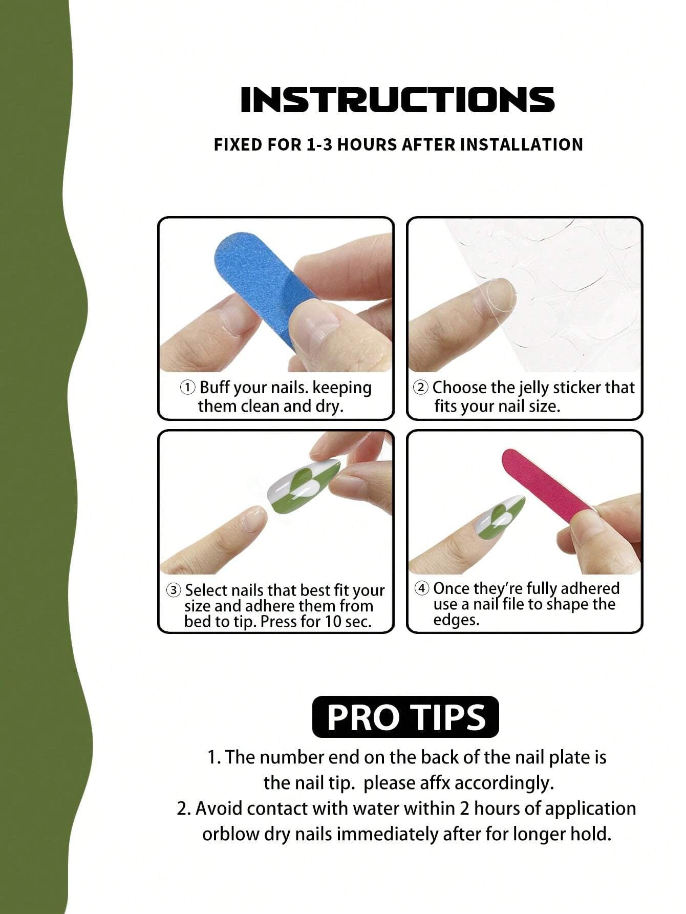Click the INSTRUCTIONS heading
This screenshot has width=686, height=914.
pyautogui.click(x=398, y=99)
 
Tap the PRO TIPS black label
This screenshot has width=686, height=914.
pyautogui.click(x=405, y=717)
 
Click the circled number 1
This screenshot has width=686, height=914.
pyautogui.click(x=187, y=388)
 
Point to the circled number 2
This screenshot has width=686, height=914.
pyautogui.click(x=420, y=388)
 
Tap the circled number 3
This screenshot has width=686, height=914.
pyautogui.click(x=174, y=590)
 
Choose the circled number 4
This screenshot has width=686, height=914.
pyautogui.click(x=422, y=588)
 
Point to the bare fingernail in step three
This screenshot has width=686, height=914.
pyautogui.click(x=253, y=519)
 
